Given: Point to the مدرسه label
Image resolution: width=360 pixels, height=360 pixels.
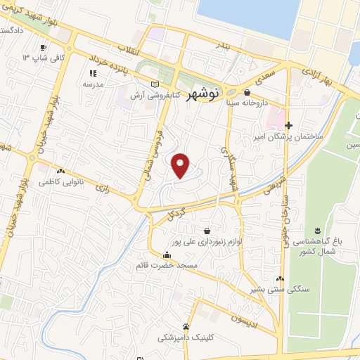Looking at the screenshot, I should click(94, 84).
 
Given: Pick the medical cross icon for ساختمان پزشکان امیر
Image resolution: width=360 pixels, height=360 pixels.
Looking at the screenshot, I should click(288, 125).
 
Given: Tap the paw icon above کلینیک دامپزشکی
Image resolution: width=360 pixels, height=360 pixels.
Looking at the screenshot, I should click(186, 327).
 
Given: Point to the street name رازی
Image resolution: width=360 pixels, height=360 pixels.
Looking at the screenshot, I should click(103, 188).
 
